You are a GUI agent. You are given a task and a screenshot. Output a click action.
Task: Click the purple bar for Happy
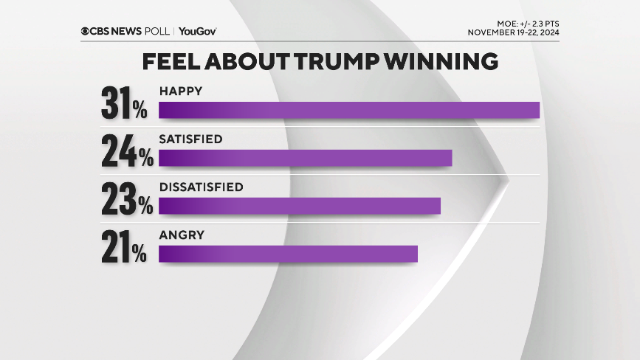349,110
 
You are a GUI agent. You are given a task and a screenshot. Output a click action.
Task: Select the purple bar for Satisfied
305,158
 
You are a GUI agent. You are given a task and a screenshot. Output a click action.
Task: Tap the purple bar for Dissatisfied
300,206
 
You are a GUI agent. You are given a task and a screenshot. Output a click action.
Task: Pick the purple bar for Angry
288,254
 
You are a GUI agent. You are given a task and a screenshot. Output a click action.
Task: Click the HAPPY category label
181,91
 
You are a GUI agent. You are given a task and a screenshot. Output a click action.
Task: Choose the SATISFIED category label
190,139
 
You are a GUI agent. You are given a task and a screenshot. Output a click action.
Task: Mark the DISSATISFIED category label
201,187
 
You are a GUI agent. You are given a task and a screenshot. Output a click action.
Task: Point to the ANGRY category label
182,235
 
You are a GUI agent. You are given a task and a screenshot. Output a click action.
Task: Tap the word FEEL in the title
171,62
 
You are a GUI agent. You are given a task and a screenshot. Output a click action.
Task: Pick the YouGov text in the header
197,31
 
